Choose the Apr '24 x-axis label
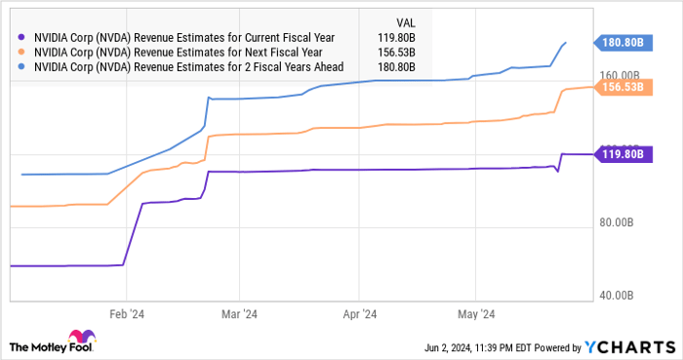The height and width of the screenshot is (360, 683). point(360,314)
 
